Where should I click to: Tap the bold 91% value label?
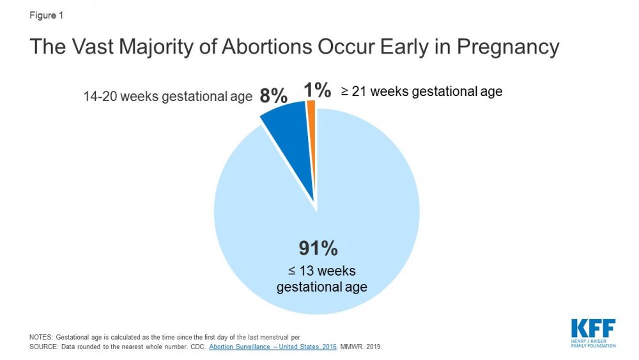318,248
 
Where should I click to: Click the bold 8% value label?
273,97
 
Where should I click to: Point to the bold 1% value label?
318,91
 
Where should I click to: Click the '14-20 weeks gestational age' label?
168,97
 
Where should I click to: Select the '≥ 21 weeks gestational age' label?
422,91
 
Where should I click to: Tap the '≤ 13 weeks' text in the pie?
321,271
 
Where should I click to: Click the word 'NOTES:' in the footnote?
42,336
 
